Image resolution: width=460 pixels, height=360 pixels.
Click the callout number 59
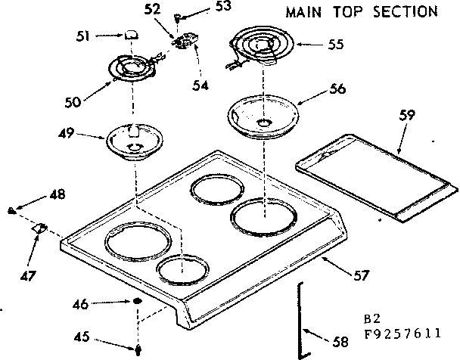pyautogui.click(x=407, y=116)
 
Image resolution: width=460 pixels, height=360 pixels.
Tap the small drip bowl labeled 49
pyautogui.click(x=134, y=141)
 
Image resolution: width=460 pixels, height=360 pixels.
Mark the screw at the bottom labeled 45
pyautogui.click(x=139, y=349)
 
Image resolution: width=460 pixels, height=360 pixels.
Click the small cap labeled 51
pyautogui.click(x=132, y=34)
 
